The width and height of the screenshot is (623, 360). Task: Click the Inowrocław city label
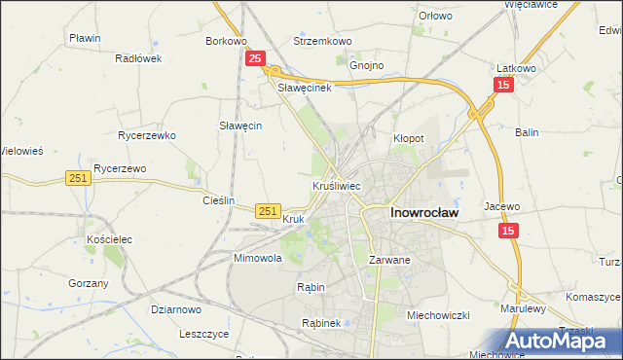click(x=424, y=211)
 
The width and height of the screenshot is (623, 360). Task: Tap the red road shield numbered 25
click(x=254, y=59)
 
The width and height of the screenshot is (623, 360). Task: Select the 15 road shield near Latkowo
click(x=501, y=86)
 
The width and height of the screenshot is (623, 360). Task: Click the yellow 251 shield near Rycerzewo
click(x=79, y=178)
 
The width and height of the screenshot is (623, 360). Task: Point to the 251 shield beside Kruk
click(x=270, y=211)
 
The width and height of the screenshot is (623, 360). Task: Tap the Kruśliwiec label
click(x=337, y=185)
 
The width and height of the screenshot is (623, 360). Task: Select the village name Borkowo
click(x=226, y=42)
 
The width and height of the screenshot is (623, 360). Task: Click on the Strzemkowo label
click(x=322, y=42)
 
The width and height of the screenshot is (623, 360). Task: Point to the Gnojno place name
click(x=367, y=66)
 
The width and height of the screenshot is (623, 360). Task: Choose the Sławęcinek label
click(x=306, y=88)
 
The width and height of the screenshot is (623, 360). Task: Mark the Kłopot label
click(x=408, y=138)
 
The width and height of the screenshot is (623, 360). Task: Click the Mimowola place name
click(x=257, y=259)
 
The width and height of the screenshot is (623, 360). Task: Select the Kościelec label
click(x=108, y=238)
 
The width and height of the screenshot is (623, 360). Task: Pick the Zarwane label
click(x=389, y=261)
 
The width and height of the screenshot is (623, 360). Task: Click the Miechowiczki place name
click(x=438, y=315)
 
